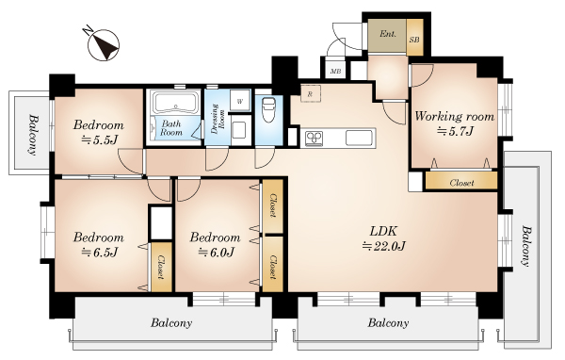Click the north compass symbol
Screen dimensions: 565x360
tap(103, 44)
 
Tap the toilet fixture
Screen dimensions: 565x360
tap(267, 109)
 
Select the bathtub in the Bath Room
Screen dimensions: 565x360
tap(175, 102)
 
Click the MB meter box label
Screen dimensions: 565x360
tap(335, 72)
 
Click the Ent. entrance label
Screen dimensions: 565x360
tap(388, 34)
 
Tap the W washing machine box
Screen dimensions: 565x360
tap(240, 101)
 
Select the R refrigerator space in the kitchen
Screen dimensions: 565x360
tap(310, 94)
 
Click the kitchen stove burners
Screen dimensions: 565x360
tap(315, 139)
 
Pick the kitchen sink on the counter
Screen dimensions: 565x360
tap(359, 138)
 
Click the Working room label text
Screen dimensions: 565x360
tap(455, 117)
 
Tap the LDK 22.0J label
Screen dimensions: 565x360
tap(384, 238)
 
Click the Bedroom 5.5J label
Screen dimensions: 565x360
tap(99, 132)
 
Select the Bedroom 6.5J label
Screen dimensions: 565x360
tap(99, 245)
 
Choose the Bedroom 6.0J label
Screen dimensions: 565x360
tap(215, 245)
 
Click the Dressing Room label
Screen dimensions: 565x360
tap(218, 119)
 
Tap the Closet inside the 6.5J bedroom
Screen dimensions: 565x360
tap(161, 267)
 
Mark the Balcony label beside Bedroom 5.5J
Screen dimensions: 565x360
tap(33, 135)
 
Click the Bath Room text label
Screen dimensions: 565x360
tap(171, 127)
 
